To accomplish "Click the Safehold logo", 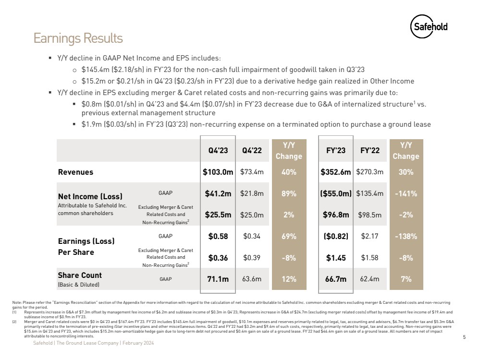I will pyautogui.click(x=429, y=27).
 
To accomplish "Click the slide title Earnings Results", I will pyautogui.click(x=78, y=38).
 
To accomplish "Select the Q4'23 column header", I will pyautogui.click(x=218, y=150).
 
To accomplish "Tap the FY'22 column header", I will pyautogui.click(x=370, y=150).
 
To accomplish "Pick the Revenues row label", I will pyautogui.click(x=76, y=172).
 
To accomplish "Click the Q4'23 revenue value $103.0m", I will pyautogui.click(x=218, y=172).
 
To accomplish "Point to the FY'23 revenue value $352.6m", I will pyautogui.click(x=336, y=172).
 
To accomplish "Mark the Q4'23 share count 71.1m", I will pyautogui.click(x=218, y=279).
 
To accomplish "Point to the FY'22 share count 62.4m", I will pyautogui.click(x=370, y=279).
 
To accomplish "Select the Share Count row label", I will pyautogui.click(x=80, y=276).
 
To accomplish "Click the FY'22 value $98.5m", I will pyautogui.click(x=370, y=215).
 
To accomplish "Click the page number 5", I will pyautogui.click(x=464, y=337).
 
